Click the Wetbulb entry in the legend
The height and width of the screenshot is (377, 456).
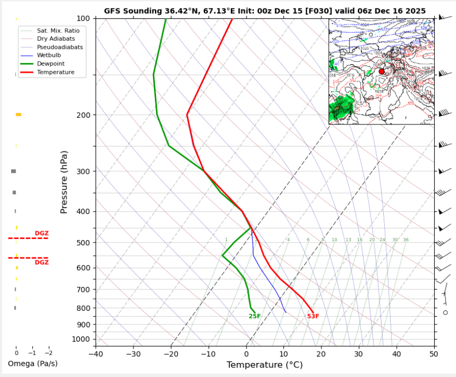(x=48, y=55)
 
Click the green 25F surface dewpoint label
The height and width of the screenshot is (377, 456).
(x=255, y=316)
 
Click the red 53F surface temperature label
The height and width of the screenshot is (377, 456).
(x=313, y=316)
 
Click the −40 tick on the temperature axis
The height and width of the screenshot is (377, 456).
(x=96, y=354)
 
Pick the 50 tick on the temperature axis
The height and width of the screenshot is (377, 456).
(x=434, y=354)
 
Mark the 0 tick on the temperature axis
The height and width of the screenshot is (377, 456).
(x=246, y=354)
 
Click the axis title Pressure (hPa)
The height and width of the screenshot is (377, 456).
(x=64, y=182)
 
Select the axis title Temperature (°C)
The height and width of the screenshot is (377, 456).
(x=265, y=366)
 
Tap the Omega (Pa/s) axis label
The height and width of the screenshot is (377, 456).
(x=33, y=363)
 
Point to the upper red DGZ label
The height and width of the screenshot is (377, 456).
(x=42, y=233)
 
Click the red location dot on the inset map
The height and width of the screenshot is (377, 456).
(x=382, y=71)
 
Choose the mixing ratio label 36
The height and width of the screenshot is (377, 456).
(x=406, y=240)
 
